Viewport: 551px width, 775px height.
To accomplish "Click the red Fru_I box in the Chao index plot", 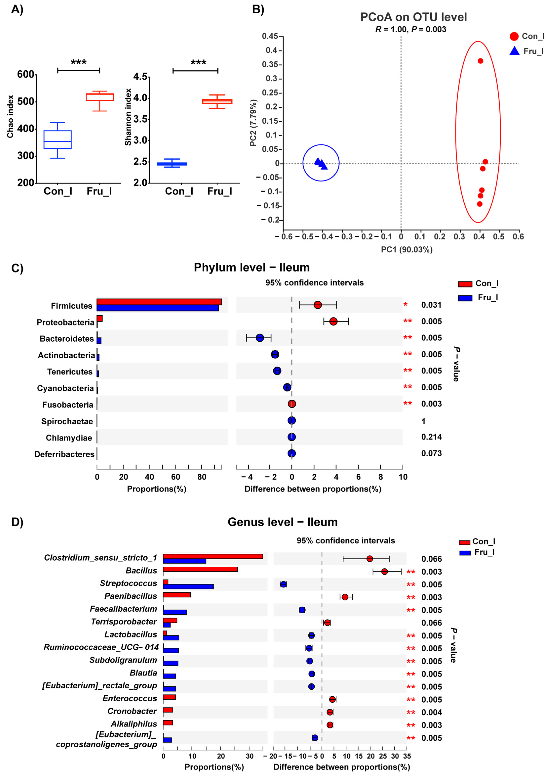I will pos(99,97).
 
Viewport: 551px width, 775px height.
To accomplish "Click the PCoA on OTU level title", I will pos(413,17).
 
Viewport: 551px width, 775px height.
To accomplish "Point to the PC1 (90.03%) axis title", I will pos(406,250).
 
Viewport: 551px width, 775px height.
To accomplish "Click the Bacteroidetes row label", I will pos(66,339).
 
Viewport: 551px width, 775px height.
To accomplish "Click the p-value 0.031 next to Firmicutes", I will pos(431,305).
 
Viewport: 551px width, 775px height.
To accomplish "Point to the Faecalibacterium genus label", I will pos(123,609).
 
